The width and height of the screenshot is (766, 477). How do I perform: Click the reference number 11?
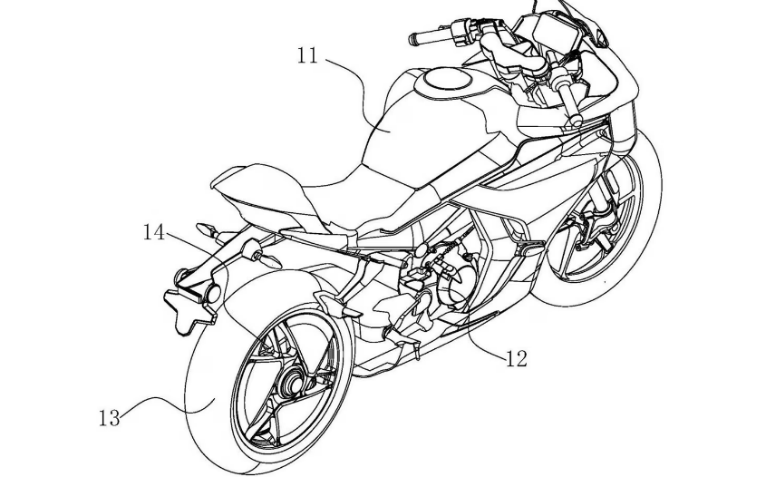(307, 56)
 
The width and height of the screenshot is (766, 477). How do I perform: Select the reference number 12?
(516, 358)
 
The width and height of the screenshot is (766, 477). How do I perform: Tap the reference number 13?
(109, 418)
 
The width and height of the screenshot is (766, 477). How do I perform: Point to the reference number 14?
(153, 233)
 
